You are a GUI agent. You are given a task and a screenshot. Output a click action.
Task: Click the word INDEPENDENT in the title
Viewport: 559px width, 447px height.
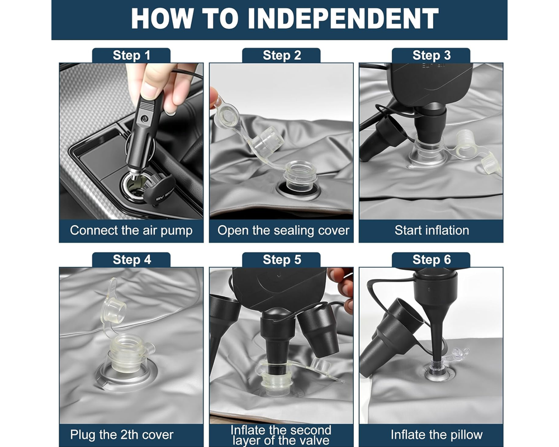(x=343, y=18)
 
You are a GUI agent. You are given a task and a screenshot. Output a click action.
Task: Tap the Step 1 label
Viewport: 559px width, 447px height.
(x=131, y=55)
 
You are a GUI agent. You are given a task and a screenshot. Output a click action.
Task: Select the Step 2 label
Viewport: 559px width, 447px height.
(x=282, y=55)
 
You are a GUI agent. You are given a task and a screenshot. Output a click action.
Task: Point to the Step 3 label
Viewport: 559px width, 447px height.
(x=432, y=55)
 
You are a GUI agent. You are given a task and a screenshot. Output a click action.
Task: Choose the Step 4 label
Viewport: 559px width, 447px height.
(x=131, y=259)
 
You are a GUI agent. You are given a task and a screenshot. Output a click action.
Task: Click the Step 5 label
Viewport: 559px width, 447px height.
(x=282, y=259)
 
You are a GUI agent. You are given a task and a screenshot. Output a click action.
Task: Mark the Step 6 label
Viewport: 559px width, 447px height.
(x=432, y=259)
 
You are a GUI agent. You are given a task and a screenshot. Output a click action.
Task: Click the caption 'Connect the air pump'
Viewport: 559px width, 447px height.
(x=131, y=230)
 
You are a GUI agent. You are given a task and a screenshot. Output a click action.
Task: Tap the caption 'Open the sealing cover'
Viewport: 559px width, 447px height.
(x=283, y=230)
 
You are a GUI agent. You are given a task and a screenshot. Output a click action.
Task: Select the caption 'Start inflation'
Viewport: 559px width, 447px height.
(x=432, y=230)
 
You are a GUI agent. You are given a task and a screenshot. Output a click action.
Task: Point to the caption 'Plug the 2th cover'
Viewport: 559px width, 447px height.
(x=121, y=435)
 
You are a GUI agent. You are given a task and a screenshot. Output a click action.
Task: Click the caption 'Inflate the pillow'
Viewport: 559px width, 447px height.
(x=437, y=435)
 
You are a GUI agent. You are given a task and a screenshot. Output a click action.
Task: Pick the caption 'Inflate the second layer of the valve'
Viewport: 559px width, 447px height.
(x=281, y=435)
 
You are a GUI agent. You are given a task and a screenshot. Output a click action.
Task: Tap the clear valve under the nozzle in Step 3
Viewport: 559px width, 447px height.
(x=427, y=155)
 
